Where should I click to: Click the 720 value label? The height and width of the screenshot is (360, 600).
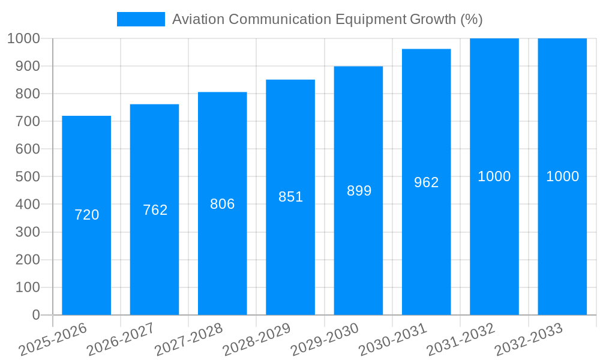pos(87,215)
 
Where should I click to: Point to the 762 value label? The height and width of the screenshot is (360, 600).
pos(155,210)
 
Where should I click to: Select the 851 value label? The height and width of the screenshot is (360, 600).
pos(291,197)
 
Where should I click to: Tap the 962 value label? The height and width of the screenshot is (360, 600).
pos(427,182)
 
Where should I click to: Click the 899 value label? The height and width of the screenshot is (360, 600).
pos(359,191)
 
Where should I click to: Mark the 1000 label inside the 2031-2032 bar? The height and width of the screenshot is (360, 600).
pos(494,176)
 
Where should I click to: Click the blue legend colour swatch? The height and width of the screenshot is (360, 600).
pos(140,19)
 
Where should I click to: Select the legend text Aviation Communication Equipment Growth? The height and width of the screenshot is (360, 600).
pos(327,19)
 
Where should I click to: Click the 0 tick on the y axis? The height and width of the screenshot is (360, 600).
pos(35,315)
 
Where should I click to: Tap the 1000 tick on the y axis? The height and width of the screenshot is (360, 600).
pos(23,38)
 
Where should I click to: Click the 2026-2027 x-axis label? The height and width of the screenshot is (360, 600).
pos(120,340)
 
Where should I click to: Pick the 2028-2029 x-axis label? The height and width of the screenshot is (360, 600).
pos(256,340)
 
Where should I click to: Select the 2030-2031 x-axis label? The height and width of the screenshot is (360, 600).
pos(392,340)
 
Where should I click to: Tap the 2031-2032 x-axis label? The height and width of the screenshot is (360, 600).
pos(460,340)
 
